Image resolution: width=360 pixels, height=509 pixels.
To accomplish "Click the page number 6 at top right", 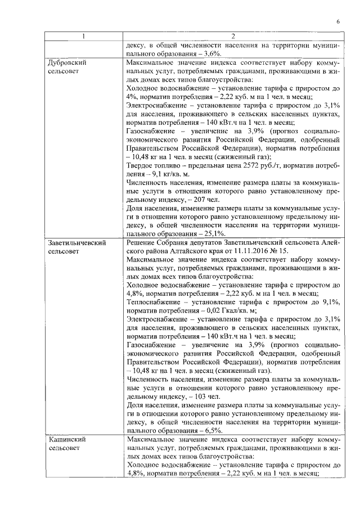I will [339, 21].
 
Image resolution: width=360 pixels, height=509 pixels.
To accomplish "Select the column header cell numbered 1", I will [83, 37].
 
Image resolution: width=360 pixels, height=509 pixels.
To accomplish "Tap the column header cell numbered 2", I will [233, 37].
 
